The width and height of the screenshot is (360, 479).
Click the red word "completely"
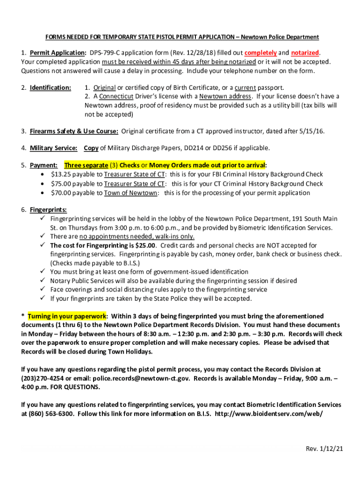260,52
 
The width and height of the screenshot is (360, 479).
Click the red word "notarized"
305,52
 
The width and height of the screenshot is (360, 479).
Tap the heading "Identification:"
50,87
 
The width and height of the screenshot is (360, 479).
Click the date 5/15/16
311,131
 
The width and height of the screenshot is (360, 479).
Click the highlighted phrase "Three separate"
86,165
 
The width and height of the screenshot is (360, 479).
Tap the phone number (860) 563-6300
51,414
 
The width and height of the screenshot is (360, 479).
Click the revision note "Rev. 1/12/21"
324,449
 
